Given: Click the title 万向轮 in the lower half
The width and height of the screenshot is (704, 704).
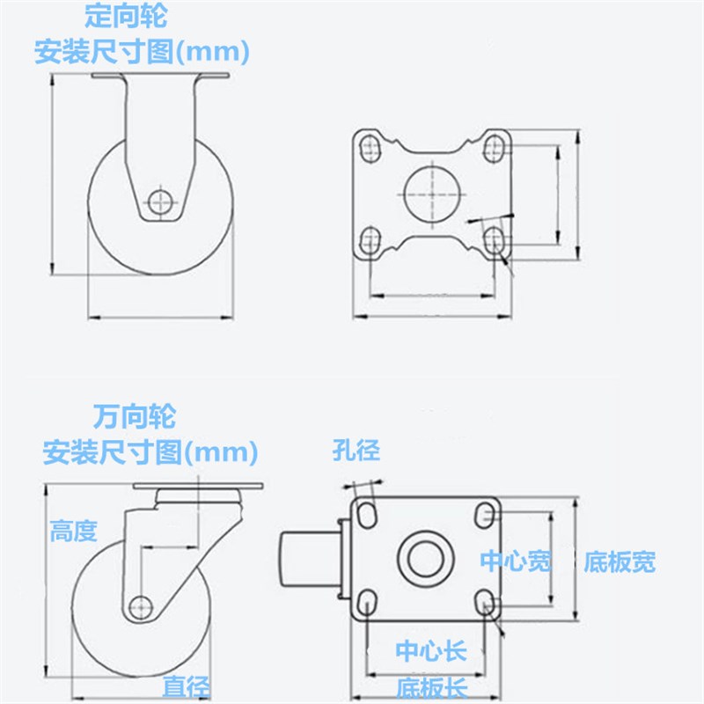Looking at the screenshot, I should click(135, 414).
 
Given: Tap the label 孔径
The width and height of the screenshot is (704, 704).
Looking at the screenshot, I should click(356, 451).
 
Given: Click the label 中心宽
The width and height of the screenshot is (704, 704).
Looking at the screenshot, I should click(516, 561).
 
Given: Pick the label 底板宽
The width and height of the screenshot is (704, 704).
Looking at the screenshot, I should click(620, 561).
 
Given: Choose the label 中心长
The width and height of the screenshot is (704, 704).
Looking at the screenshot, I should click(430, 651).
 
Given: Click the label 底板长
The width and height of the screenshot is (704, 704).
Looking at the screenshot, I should click(429, 686).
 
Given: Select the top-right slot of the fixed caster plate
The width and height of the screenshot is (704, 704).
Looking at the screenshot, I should click(495, 144).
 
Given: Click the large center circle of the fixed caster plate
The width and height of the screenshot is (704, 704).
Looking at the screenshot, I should click(432, 191).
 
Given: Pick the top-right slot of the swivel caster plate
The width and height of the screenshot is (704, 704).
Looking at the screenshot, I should click(483, 514).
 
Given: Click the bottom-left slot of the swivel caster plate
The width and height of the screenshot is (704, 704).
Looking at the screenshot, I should click(367, 603).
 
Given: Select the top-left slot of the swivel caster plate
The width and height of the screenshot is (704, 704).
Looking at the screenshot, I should click(367, 514).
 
